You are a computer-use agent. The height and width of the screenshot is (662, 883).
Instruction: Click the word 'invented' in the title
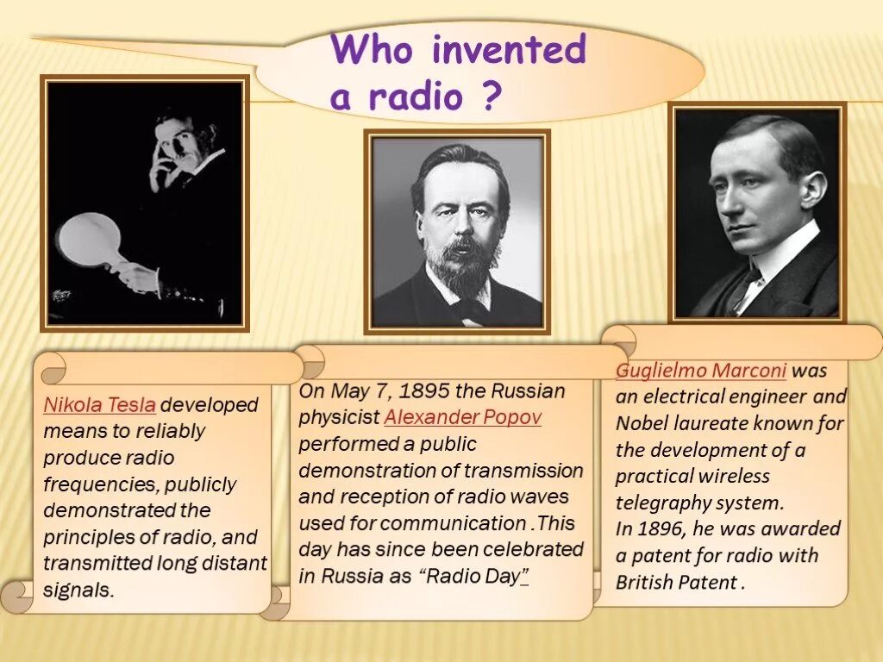coord(509,50)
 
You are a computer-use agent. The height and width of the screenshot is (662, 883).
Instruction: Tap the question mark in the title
coord(489,97)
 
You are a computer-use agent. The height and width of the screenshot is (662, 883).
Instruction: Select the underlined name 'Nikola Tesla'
coord(100,404)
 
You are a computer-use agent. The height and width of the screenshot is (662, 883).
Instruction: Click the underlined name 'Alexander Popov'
coord(463,418)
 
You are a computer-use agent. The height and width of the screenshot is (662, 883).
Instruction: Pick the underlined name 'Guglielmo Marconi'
coord(700,371)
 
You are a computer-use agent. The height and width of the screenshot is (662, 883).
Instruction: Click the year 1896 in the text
coord(671,528)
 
